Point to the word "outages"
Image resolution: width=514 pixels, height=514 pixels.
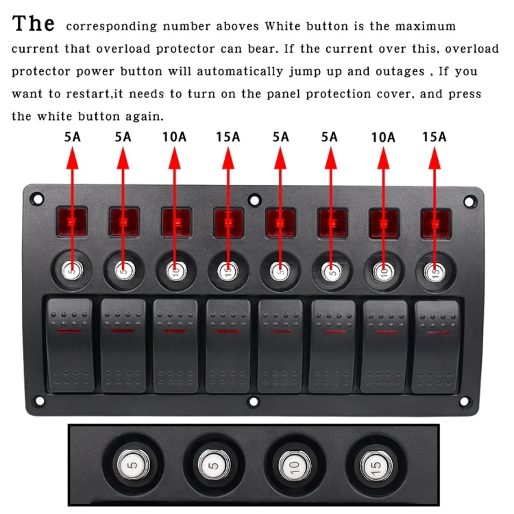(393, 71)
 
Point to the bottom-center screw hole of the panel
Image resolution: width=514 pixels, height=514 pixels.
(253, 401)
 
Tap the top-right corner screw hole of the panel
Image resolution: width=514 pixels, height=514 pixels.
(469, 201)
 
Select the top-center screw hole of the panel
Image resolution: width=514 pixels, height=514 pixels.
(254, 201)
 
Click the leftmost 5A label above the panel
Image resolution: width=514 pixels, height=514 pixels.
(72, 137)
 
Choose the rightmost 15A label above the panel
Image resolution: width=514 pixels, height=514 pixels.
(434, 137)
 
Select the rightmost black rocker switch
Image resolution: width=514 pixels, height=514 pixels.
(435, 345)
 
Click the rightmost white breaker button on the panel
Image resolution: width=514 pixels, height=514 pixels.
(435, 272)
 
